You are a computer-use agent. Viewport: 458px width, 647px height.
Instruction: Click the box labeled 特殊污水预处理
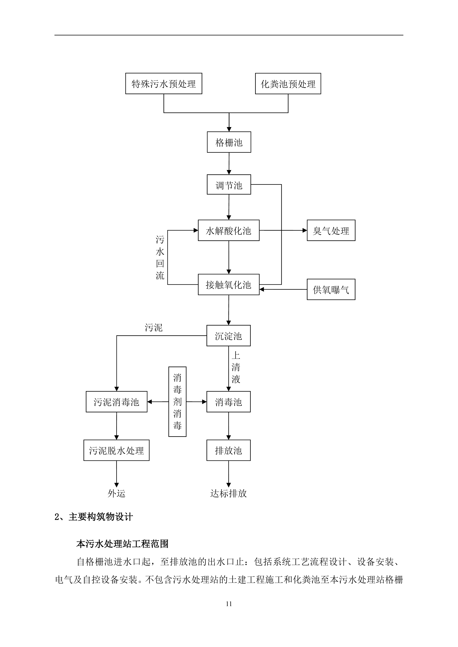[164, 84]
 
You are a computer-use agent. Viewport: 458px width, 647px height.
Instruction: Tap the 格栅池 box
[229, 142]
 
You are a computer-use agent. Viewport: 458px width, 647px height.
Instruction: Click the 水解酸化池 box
[229, 230]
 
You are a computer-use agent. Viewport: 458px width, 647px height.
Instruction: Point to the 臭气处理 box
[331, 230]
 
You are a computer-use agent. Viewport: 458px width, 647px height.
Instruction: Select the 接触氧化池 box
[229, 285]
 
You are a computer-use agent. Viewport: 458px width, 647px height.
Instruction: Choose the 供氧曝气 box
[331, 289]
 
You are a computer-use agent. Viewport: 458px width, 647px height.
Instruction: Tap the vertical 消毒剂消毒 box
[177, 402]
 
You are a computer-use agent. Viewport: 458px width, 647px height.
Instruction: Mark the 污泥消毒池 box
[116, 402]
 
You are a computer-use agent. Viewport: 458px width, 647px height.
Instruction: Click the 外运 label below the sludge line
[116, 493]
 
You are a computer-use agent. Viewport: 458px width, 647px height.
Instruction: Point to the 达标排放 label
[229, 493]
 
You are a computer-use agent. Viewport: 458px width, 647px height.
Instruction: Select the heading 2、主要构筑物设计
[94, 517]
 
